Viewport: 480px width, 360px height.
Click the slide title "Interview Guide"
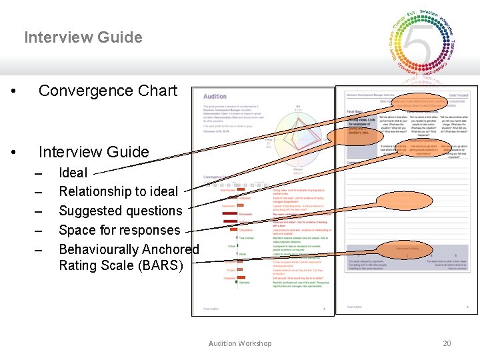pyautogui.click(x=83, y=37)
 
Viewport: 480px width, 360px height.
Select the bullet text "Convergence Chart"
pyautogui.click(x=108, y=91)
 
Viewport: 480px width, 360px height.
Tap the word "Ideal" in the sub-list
pyautogui.click(x=73, y=173)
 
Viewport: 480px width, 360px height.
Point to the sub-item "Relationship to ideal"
pyautogui.click(x=118, y=192)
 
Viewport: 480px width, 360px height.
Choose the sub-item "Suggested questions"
pyautogui.click(x=120, y=211)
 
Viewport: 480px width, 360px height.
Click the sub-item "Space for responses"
pyautogui.click(x=119, y=231)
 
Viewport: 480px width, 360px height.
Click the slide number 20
pyautogui.click(x=447, y=343)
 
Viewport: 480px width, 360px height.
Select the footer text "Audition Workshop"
pyautogui.click(x=240, y=343)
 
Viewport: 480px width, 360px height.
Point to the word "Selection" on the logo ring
pyautogui.click(x=428, y=14)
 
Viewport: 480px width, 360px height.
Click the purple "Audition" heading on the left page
pyautogui.click(x=215, y=97)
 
